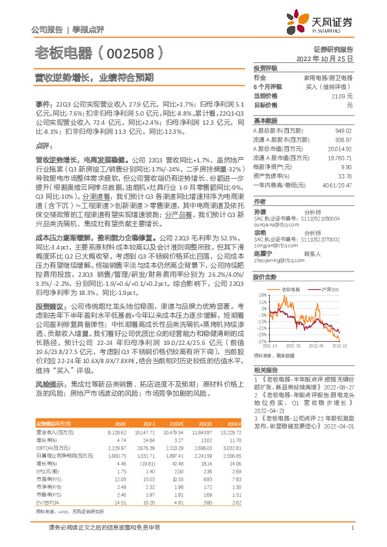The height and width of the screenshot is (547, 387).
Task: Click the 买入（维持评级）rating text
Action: [330, 86]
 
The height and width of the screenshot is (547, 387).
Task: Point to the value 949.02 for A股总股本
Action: [343, 130]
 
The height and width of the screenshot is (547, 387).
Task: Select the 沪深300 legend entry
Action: [329, 270]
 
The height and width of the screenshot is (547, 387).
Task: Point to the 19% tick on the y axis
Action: [261, 277]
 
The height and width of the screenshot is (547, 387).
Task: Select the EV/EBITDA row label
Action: [47, 484]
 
